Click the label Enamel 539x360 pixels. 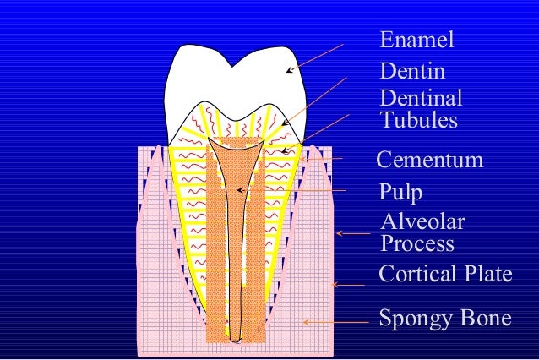[x=416, y=41]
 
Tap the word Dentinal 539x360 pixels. [x=421, y=99]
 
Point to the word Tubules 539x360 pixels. [x=419, y=120]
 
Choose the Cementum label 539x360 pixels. [x=430, y=161]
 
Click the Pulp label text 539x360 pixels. [x=400, y=193]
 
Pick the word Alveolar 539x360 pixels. [x=422, y=222]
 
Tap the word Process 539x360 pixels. [x=417, y=244]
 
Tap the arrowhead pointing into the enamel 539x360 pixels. [x=286, y=71]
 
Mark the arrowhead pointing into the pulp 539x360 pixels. [x=238, y=189]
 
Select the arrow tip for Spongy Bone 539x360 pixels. [x=304, y=322]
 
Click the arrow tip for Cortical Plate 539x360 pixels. [x=333, y=285]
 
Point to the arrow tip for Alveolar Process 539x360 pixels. [x=337, y=233]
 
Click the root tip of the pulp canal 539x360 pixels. [x=237, y=340]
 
